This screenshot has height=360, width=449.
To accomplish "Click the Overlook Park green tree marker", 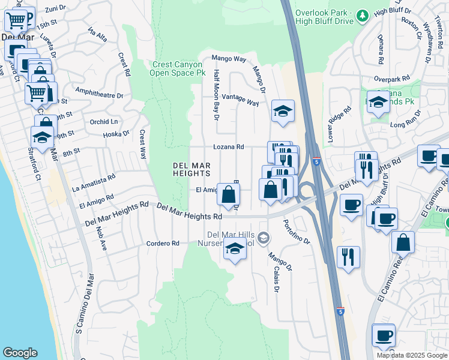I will pos(362,14).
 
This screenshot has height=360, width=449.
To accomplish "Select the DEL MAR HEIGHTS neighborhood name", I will pos(191,169).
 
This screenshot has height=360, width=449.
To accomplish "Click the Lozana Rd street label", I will pos(229,147).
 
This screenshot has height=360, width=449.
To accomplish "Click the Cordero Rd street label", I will pos(163,244).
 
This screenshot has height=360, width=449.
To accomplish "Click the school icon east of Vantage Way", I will pos(283,111).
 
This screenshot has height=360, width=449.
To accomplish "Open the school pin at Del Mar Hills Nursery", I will pos(235,249).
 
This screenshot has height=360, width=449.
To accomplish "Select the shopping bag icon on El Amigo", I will pos(228,194).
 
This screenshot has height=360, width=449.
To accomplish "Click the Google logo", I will pos(20,353).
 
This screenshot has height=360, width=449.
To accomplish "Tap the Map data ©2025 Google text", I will pos(411,355).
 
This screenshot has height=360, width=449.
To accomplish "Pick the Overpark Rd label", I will pos(391,79).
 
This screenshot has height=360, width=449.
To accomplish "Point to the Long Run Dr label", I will pos(406,125).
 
